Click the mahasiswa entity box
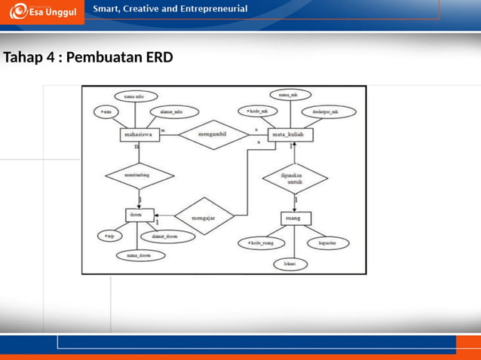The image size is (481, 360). [139, 136]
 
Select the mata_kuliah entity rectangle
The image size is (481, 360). [290, 136]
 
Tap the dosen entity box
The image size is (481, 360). [139, 215]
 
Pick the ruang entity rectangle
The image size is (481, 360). [295, 218]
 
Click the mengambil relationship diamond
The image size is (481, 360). [214, 136]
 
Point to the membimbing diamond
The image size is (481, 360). [139, 176]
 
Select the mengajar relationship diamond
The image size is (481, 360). [204, 216]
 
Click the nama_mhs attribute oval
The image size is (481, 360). [135, 96]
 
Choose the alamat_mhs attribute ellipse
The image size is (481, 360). [173, 111]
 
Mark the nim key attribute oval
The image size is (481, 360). [106, 111]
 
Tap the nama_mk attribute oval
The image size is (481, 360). [287, 96]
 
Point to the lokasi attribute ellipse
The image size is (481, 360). [289, 264]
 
